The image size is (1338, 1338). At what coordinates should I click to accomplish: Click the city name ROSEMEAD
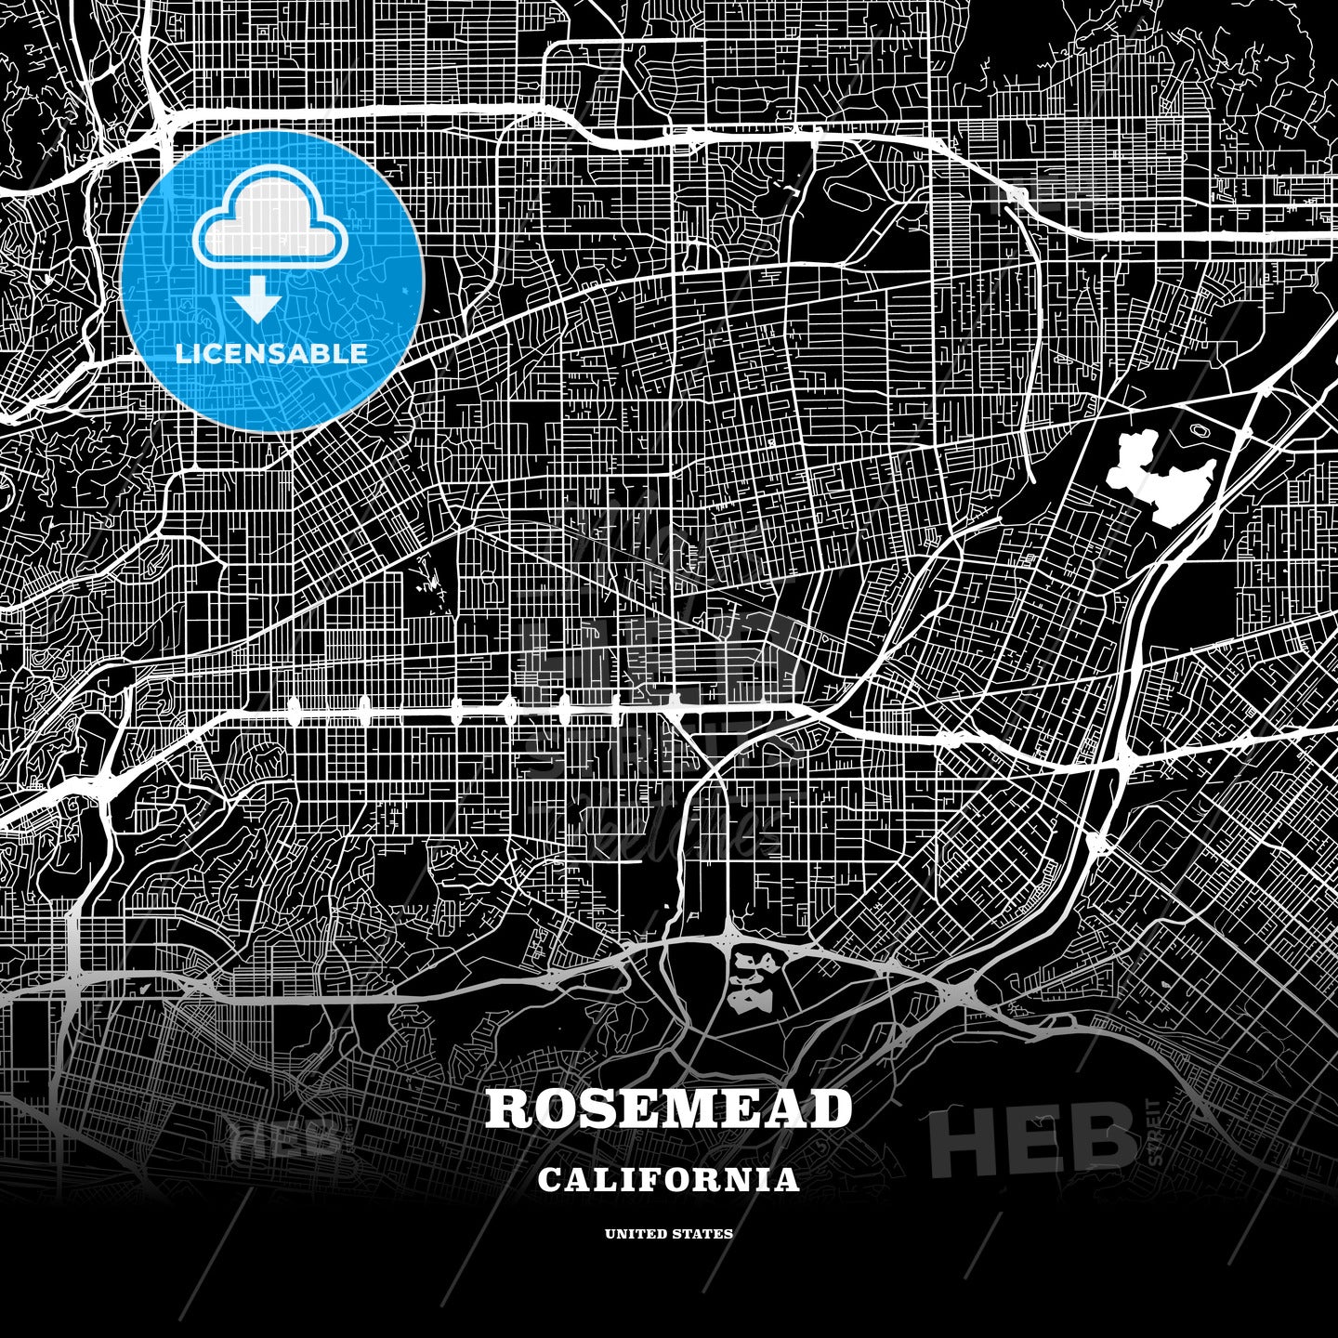coord(668,1108)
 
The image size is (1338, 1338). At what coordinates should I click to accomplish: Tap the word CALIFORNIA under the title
coord(668,1180)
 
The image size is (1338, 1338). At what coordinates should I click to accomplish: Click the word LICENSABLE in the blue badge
coord(271,353)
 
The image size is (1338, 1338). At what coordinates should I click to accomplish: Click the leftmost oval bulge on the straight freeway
coord(295,713)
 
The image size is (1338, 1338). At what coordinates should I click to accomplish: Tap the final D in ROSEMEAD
coord(832,1108)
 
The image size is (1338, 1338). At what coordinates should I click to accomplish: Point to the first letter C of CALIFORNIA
coord(547,1180)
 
